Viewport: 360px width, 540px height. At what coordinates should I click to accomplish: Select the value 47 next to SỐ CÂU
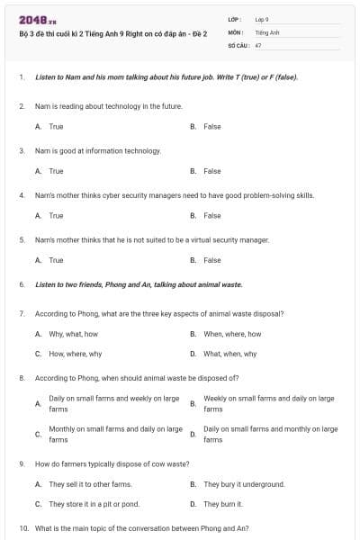pyautogui.click(x=258, y=45)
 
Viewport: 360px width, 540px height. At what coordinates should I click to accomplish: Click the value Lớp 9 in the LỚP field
pyautogui.click(x=262, y=19)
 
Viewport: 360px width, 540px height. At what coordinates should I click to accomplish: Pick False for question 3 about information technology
pyautogui.click(x=211, y=171)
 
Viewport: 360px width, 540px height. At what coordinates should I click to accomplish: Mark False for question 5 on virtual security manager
pyautogui.click(x=211, y=260)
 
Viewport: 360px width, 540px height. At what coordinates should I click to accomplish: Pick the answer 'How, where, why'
pyautogui.click(x=75, y=354)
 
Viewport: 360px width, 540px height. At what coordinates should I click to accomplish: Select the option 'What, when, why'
pyautogui.click(x=229, y=354)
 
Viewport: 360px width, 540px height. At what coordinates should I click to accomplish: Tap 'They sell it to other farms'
pyautogui.click(x=89, y=484)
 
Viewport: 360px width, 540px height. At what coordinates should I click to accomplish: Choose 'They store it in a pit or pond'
pyautogui.click(x=94, y=504)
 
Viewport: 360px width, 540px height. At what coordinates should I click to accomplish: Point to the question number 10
pyautogui.click(x=23, y=528)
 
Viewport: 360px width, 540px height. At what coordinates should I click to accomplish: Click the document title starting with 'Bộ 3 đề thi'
pyautogui.click(x=112, y=33)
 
